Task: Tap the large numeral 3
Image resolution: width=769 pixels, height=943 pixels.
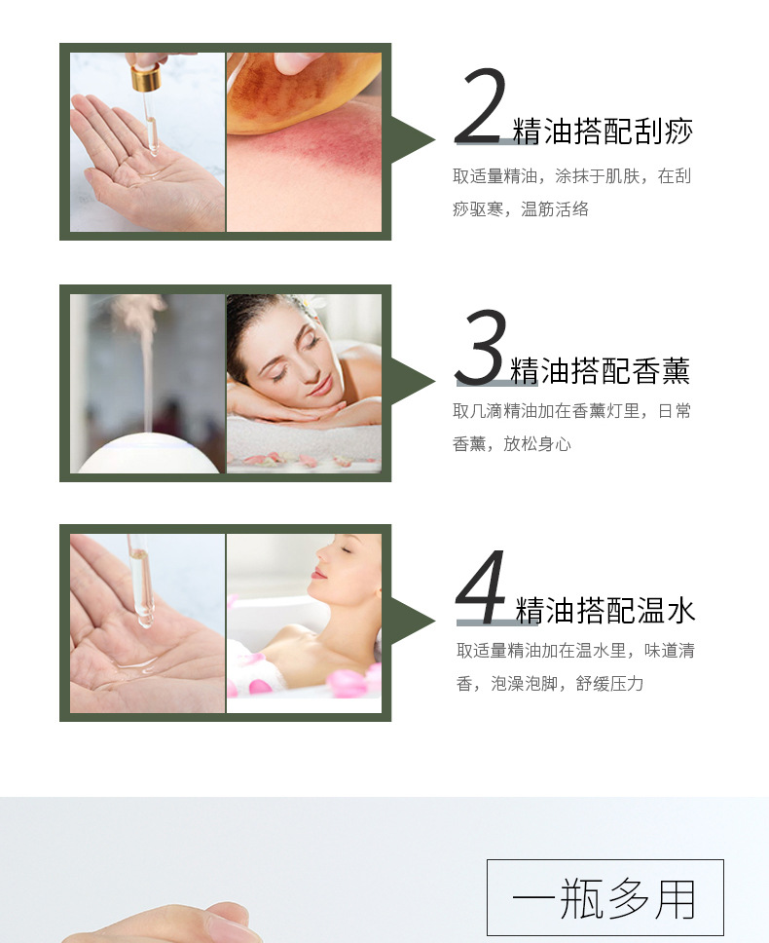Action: pyautogui.click(x=480, y=347)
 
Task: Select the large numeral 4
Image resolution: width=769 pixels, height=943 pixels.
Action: pyautogui.click(x=481, y=586)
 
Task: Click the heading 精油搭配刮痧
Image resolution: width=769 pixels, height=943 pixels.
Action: pyautogui.click(x=603, y=131)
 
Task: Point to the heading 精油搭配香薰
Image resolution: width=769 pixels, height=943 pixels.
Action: pyautogui.click(x=601, y=370)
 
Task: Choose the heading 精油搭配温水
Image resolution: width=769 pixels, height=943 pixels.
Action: pyautogui.click(x=605, y=610)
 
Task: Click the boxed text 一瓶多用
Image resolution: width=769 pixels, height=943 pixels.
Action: pyautogui.click(x=605, y=897)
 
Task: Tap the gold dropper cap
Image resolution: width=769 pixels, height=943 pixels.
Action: pyautogui.click(x=146, y=77)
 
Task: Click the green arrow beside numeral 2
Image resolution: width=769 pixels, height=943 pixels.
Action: pyautogui.click(x=413, y=139)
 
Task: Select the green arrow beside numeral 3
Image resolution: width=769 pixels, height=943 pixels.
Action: pyautogui.click(x=413, y=381)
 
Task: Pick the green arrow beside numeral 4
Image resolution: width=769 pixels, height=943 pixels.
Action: pyautogui.click(x=413, y=622)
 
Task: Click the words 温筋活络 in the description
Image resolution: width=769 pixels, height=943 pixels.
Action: pyautogui.click(x=555, y=208)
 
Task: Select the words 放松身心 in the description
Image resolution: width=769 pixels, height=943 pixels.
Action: pyautogui.click(x=537, y=443)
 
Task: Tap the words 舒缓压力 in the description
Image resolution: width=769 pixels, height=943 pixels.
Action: pyautogui.click(x=609, y=683)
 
